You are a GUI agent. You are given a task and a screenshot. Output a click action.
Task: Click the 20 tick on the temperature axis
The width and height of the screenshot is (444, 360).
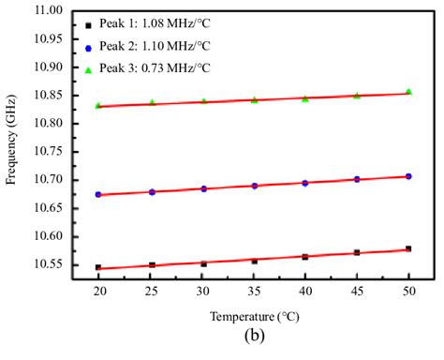[x=98, y=291]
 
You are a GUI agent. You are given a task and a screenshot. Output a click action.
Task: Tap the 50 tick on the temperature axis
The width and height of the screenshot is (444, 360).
[x=407, y=291]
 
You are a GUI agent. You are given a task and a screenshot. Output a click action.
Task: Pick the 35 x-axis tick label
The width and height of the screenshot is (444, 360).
[x=254, y=291]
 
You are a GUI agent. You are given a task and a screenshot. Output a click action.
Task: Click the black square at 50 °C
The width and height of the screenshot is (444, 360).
[x=408, y=248]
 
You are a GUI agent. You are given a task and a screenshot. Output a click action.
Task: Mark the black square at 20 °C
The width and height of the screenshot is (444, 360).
[x=98, y=267]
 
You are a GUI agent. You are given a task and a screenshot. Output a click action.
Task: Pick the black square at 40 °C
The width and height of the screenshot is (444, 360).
[x=304, y=256]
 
